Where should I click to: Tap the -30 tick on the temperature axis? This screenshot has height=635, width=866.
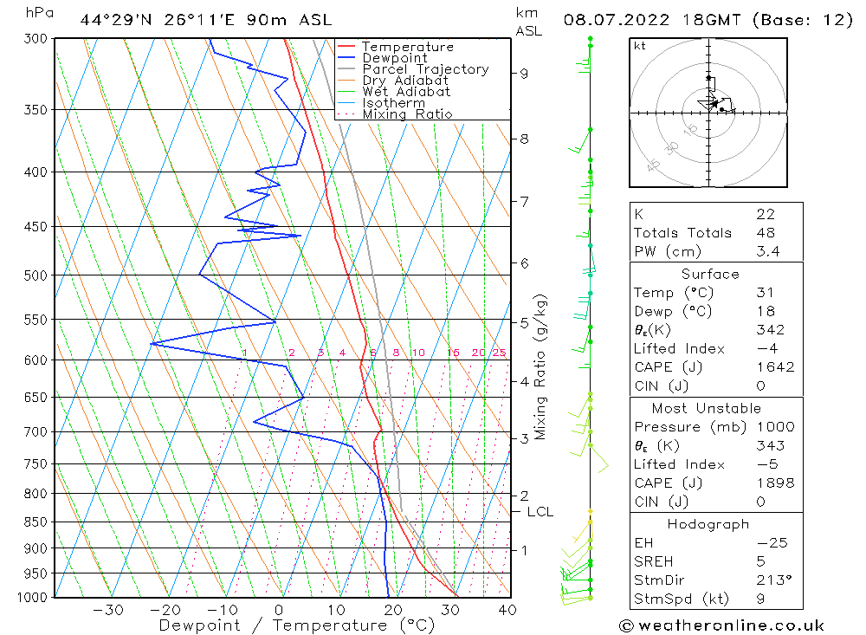pyautogui.click(x=107, y=610)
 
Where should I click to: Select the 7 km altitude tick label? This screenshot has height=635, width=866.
pyautogui.click(x=524, y=202)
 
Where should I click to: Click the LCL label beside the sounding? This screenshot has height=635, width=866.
pyautogui.click(x=540, y=512)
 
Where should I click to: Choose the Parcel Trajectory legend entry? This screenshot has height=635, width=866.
pyautogui.click(x=425, y=69)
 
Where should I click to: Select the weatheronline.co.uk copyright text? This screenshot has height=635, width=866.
pyautogui.click(x=721, y=625)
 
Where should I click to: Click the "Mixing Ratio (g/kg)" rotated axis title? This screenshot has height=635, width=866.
pyautogui.click(x=540, y=367)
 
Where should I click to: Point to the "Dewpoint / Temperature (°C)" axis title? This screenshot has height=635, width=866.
pyautogui.click(x=296, y=625)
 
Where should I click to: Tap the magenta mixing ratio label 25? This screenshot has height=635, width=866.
pyautogui.click(x=499, y=353)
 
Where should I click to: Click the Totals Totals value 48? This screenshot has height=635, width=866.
pyautogui.click(x=766, y=233)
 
